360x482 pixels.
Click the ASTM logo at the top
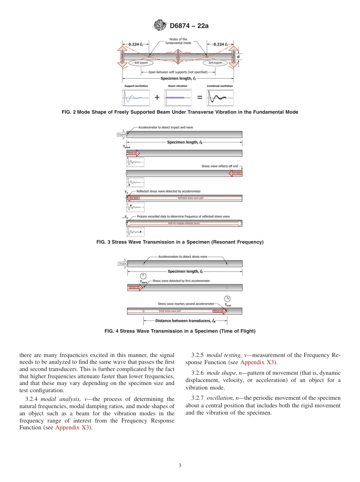pos(160,26)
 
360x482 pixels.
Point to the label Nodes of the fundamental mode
pos(178,41)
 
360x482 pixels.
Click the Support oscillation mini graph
pos(136,97)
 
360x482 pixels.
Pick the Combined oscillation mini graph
pos(220,97)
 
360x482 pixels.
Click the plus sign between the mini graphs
pos(157,97)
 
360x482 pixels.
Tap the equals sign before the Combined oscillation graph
pos(199,97)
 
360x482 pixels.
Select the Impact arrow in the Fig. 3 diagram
pos(122,135)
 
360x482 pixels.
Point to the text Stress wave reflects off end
pos(219,166)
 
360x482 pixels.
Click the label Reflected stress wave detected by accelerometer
pos(168,191)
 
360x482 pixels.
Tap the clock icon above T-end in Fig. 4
pos(227,298)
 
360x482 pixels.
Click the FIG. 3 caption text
pos(180,242)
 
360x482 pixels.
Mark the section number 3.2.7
pos(197,398)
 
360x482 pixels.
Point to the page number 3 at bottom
pos(180,465)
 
